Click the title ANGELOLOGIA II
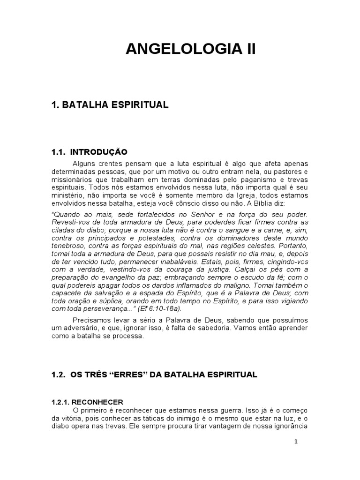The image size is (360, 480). pyautogui.click(x=191, y=49)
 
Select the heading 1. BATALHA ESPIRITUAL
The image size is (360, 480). pyautogui.click(x=110, y=105)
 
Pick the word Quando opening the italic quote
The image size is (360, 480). pyautogui.click(x=63, y=214)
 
